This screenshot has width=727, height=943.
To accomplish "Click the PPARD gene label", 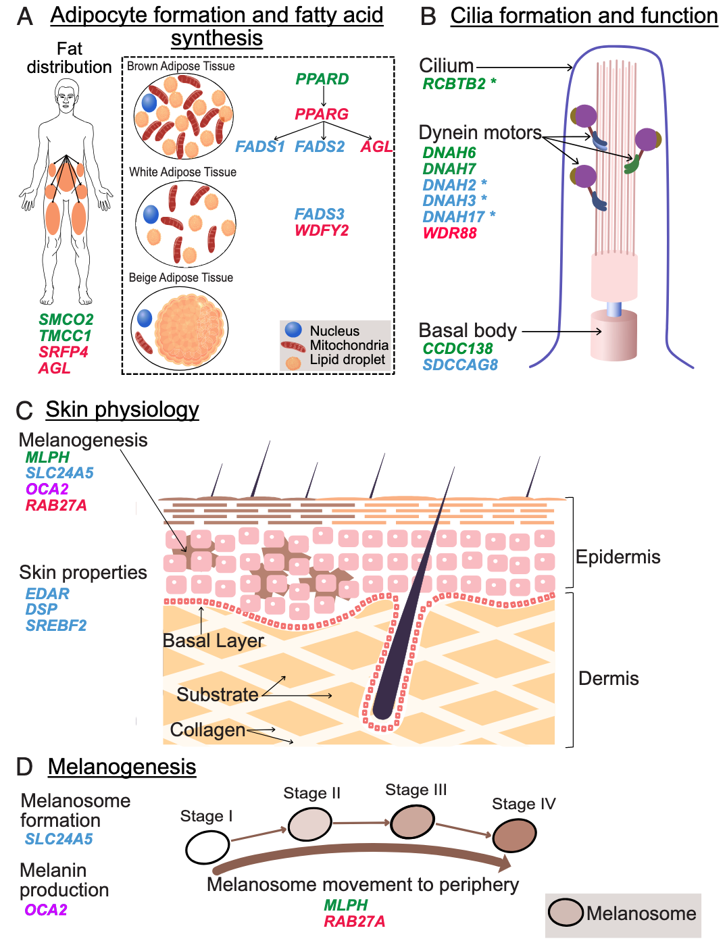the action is click(322, 79).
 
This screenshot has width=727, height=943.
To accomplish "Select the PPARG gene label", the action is click(322, 114).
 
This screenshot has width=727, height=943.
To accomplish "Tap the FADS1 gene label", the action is click(259, 147).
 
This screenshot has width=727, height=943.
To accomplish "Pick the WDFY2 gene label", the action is click(322, 230).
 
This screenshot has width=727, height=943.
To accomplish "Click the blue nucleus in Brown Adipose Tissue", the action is click(149, 103).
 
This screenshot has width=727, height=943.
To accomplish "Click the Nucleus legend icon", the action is click(293, 330).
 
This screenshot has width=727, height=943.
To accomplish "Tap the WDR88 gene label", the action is click(450, 233).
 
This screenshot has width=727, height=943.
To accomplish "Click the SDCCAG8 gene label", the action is click(460, 365).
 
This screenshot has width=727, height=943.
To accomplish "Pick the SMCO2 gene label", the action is click(66, 320).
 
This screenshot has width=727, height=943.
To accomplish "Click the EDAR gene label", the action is click(47, 593).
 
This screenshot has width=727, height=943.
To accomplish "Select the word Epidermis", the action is click(618, 557).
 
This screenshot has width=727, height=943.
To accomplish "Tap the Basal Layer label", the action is click(213, 640).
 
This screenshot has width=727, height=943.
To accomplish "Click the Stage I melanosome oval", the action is click(207, 848).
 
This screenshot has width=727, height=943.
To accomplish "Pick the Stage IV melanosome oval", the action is click(514, 836).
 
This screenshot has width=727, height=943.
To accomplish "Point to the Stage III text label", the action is click(416, 790).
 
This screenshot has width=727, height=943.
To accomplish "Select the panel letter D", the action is click(24, 767).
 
